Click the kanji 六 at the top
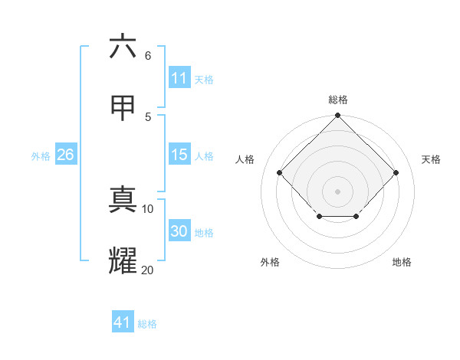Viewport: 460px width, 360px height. (123, 47)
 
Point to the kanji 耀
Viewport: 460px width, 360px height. (123, 260)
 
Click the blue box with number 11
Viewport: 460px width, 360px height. (179, 78)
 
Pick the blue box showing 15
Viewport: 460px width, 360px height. (179, 155)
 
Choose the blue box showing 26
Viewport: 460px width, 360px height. (65, 155)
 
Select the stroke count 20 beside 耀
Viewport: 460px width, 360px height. (148, 270)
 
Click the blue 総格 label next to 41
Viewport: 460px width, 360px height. (147, 324)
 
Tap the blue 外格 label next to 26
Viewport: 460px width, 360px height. (41, 156)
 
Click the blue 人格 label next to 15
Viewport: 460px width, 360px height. (204, 156)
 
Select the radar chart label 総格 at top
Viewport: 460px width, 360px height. (338, 100)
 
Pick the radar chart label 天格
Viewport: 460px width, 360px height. (431, 159)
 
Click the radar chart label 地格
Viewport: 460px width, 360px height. (402, 262)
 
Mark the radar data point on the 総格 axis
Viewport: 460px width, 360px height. (338, 116)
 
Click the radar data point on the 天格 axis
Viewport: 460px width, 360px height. (396, 172)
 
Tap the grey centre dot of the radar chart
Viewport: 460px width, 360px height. (338, 191)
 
